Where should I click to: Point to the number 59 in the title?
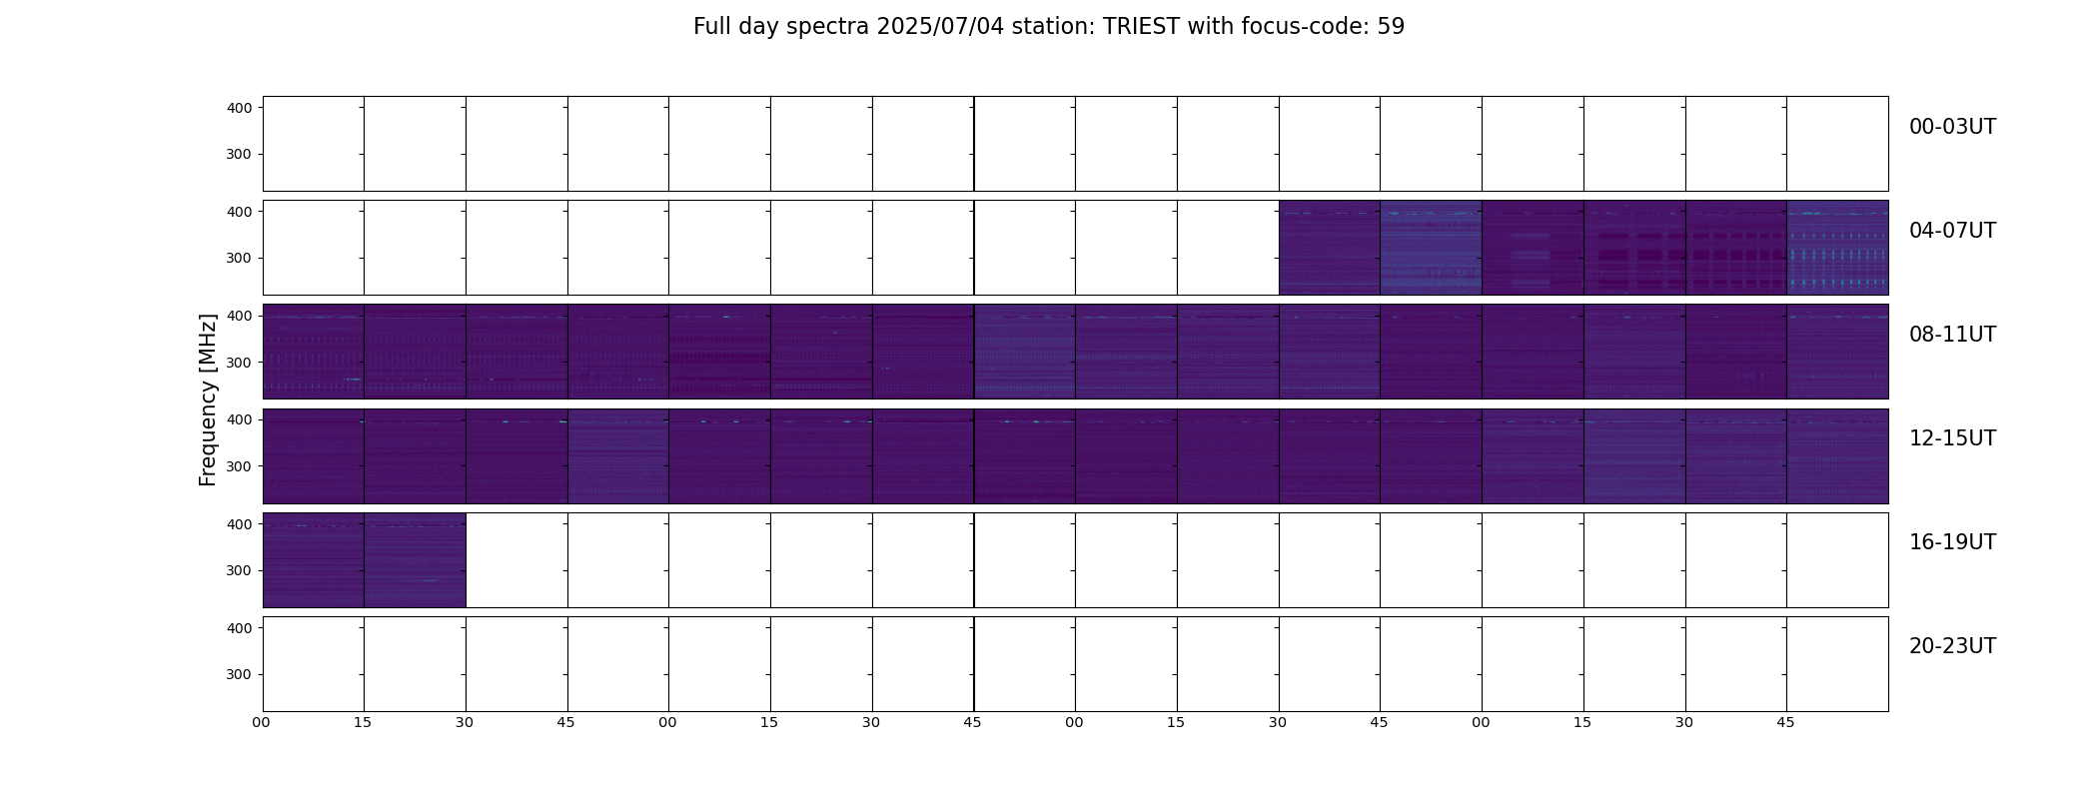tap(1391, 27)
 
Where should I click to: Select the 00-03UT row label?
tap(1952, 127)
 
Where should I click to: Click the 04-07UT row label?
tap(1952, 231)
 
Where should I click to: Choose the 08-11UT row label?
tap(1952, 335)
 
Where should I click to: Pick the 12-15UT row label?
tap(1952, 438)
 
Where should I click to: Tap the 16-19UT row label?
tap(1952, 542)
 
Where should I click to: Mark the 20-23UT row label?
tap(1952, 646)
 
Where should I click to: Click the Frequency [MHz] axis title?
tap(208, 400)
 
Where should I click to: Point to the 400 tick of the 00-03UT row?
tap(240, 108)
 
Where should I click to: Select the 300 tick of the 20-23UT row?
tap(240, 675)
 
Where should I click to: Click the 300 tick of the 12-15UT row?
tap(240, 466)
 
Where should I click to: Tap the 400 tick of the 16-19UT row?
tap(240, 524)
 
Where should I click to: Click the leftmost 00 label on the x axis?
tap(262, 722)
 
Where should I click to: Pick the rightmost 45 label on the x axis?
tap(1785, 722)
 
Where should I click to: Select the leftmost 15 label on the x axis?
tap(363, 722)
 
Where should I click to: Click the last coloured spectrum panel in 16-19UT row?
tap(415, 560)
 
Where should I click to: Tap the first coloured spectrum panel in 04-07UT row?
tap(1330, 248)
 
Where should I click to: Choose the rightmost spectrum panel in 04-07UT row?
tap(1837, 248)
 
